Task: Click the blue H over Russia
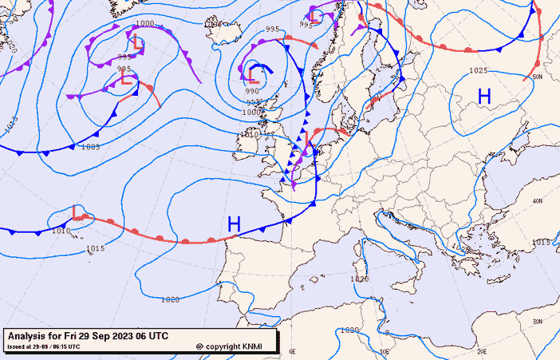coord(484,97)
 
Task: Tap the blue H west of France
coord(234,224)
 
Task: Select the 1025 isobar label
coord(478,71)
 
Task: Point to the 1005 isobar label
coord(90,147)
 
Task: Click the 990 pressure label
coord(252,92)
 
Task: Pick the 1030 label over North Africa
coord(349,330)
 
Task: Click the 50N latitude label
coord(537,77)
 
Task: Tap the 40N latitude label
coord(538,201)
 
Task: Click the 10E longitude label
coord(385,351)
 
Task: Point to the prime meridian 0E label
coord(292,351)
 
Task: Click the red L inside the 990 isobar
coord(254,75)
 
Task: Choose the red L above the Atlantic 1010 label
coord(77,212)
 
